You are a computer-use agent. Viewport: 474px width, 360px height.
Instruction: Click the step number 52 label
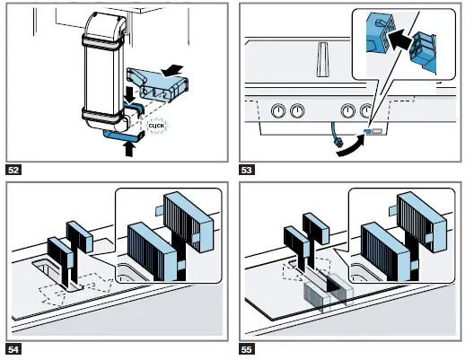tap(13, 170)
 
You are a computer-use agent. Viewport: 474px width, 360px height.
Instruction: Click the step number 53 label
tap(247, 170)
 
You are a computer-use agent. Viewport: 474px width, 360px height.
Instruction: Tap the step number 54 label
tap(13, 349)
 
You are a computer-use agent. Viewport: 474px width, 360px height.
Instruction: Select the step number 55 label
tap(247, 349)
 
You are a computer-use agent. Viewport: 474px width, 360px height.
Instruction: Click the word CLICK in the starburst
tap(156, 126)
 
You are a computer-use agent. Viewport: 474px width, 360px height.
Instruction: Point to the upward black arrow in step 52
tap(129, 149)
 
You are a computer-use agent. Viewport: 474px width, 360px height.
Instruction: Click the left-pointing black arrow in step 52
tap(172, 71)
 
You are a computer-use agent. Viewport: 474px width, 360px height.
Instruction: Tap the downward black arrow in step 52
tap(130, 95)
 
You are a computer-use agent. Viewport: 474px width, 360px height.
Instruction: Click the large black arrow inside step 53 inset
tap(399, 40)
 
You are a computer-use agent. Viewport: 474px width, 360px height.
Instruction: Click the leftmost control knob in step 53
tap(278, 111)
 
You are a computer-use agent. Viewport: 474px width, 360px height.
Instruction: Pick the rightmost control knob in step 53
tap(366, 111)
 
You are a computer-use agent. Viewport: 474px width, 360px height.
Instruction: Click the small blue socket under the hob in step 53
tap(367, 131)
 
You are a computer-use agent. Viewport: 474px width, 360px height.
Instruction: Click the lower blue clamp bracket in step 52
tap(124, 136)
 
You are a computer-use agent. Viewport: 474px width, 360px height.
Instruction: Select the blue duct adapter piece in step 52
tap(158, 85)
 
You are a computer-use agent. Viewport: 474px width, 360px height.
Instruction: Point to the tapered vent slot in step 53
tap(323, 59)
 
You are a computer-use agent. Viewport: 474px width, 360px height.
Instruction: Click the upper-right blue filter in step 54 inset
tap(189, 222)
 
